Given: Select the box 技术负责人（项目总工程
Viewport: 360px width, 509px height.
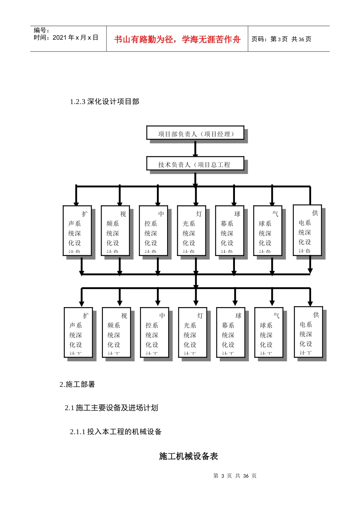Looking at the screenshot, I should (x=195, y=164).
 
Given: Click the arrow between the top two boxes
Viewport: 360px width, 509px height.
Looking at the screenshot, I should (x=195, y=148).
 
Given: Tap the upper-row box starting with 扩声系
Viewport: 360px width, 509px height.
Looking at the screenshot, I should (x=77, y=231).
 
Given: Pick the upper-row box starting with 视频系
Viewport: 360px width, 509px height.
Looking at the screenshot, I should (x=116, y=231).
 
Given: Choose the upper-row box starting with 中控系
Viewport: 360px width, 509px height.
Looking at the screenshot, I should (x=153, y=231).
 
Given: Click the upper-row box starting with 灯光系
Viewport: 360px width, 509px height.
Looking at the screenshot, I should (x=192, y=231).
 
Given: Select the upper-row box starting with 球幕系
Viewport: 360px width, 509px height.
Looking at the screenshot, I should (x=230, y=231).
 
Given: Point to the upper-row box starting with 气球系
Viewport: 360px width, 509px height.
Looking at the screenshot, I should (x=268, y=231).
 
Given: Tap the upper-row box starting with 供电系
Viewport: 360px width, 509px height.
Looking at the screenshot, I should (x=307, y=230).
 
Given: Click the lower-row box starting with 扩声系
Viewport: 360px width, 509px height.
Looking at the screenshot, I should (x=78, y=333).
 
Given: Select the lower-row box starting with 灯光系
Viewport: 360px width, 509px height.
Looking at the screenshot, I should (x=193, y=333).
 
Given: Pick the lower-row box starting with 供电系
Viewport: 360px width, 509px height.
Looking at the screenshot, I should (x=308, y=332).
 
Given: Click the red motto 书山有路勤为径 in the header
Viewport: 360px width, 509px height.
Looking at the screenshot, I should (x=177, y=39).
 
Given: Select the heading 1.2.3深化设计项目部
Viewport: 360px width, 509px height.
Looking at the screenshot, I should (x=105, y=101).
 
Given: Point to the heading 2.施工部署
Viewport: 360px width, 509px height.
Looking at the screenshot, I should (x=77, y=384).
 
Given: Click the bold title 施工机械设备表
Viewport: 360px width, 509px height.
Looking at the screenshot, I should (x=188, y=456).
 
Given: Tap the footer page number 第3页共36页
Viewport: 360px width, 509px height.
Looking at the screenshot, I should (x=235, y=476).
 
